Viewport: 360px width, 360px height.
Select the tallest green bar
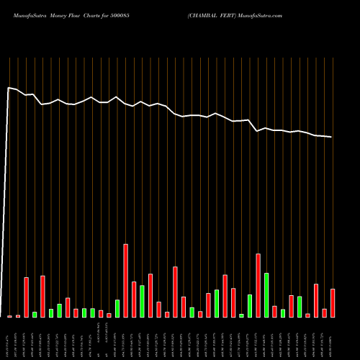pos(266,295)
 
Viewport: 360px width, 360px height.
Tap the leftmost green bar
pos(35,315)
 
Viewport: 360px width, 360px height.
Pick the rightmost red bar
pos(333,303)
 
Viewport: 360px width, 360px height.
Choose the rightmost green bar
pos(300,307)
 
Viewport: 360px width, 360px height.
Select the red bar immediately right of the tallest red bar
pos(134,300)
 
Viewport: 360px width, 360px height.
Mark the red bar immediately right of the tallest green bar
pos(274,312)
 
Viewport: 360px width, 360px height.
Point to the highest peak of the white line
pos(9,88)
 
